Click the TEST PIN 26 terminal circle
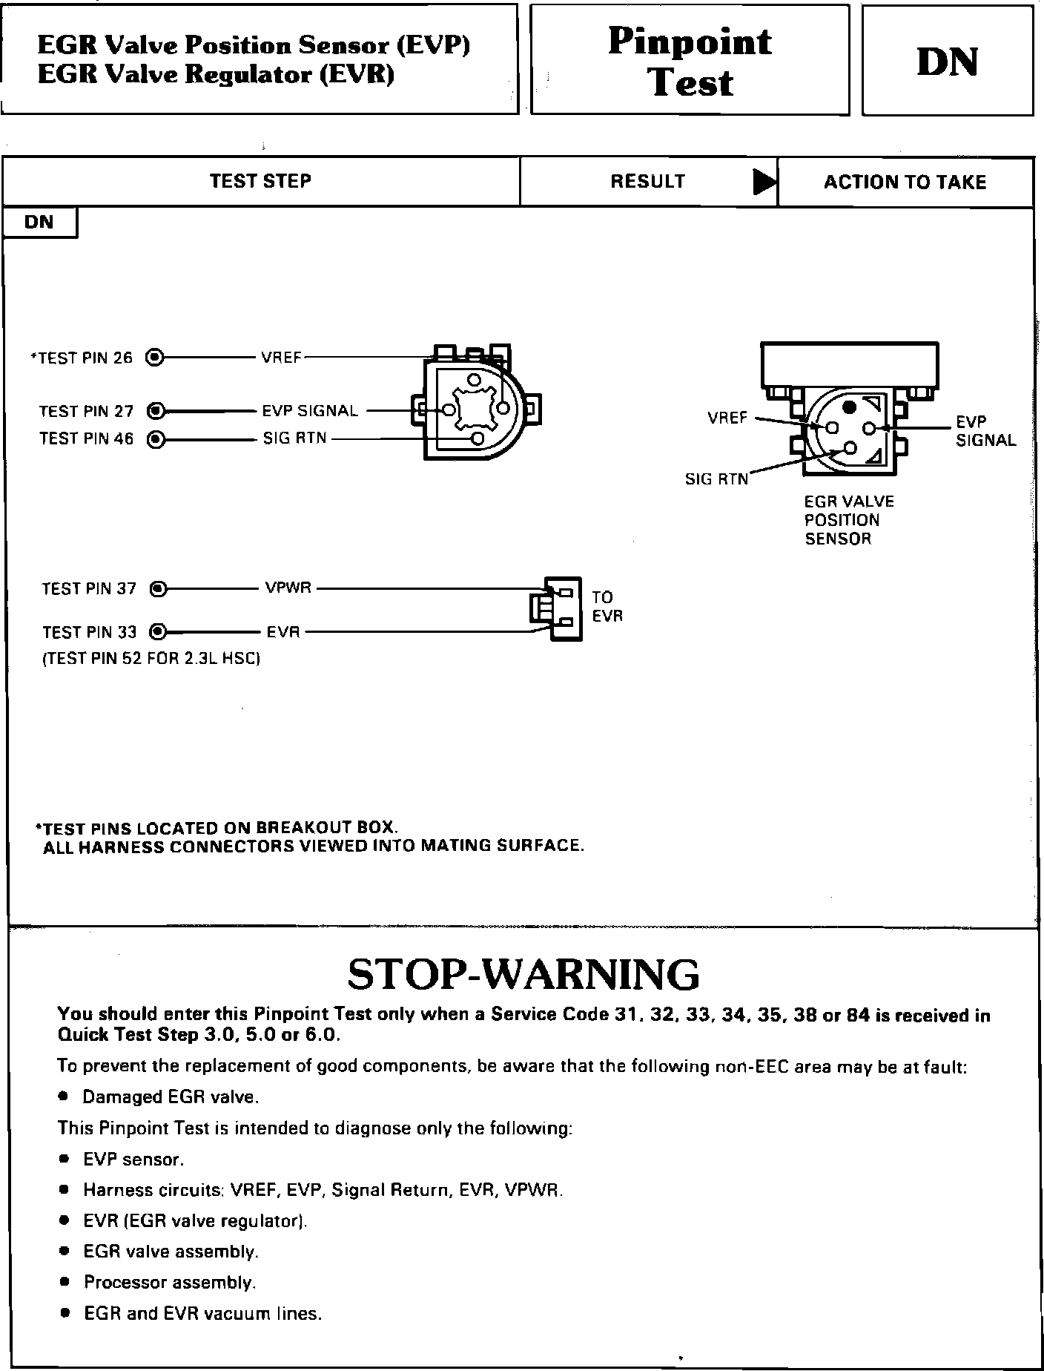pyautogui.click(x=154, y=358)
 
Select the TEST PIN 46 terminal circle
pyautogui.click(x=156, y=439)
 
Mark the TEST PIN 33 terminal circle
pyautogui.click(x=157, y=632)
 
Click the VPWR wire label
pyautogui.click(x=288, y=588)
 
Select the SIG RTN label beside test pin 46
pyautogui.click(x=294, y=438)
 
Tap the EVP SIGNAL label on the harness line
pyautogui.click(x=310, y=410)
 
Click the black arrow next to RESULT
pyautogui.click(x=764, y=182)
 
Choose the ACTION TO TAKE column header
pyautogui.click(x=905, y=183)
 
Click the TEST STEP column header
pyautogui.click(x=260, y=181)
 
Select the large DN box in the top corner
pyautogui.click(x=947, y=62)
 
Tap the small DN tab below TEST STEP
pyautogui.click(x=39, y=222)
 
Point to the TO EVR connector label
pyautogui.click(x=607, y=606)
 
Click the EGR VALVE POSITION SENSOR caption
pyautogui.click(x=848, y=519)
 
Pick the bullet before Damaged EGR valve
pyautogui.click(x=65, y=1096)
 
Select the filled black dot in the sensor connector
pyautogui.click(x=850, y=407)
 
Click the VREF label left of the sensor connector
pyautogui.click(x=727, y=418)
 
